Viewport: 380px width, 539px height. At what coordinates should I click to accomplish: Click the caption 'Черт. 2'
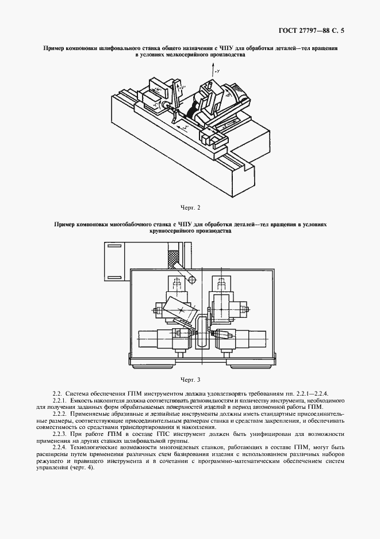coord(190,207)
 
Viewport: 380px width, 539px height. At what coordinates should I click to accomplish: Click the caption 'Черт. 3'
coord(190,379)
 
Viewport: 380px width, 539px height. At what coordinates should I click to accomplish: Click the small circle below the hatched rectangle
coord(192,280)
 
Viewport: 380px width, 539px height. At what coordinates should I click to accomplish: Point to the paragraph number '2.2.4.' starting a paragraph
coord(60,447)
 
